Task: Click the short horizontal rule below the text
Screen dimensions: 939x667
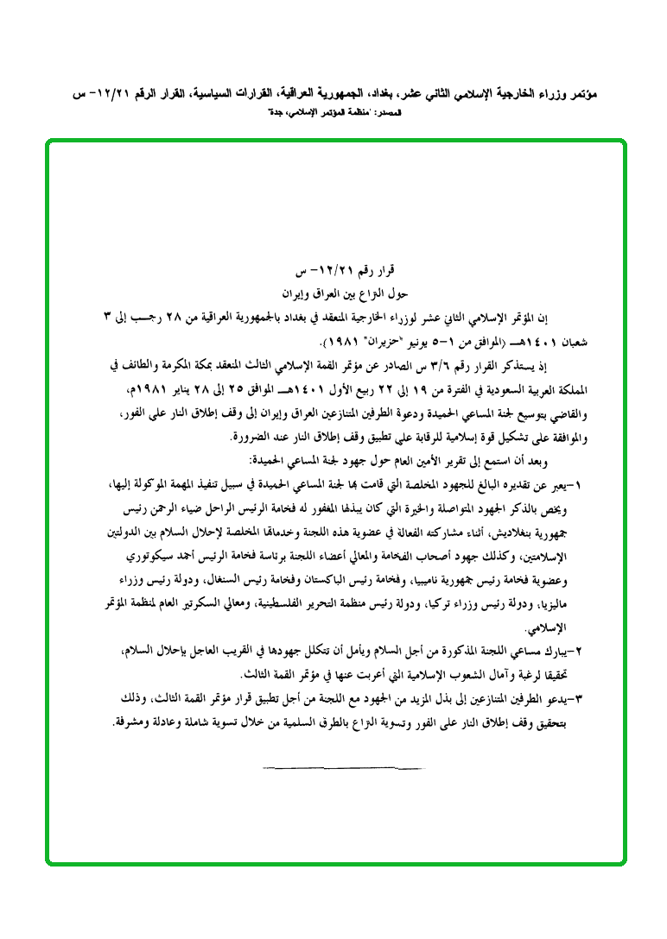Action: pos(344,766)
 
